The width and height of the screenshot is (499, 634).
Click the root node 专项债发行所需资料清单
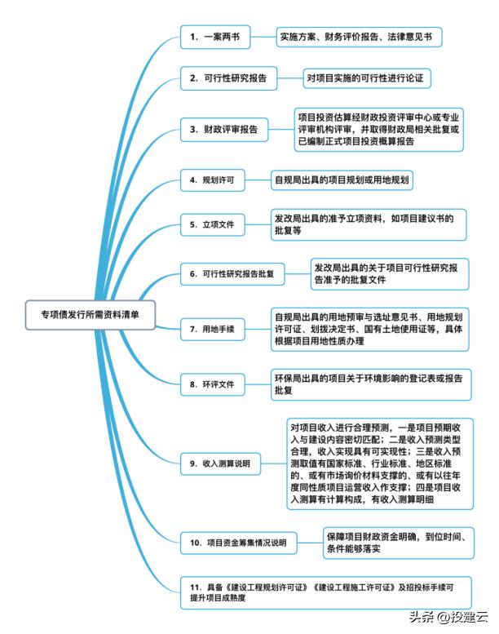[x=91, y=315]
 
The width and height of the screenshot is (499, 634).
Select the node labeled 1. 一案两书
[x=215, y=37]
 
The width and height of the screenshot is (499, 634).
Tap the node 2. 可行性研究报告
[x=228, y=78]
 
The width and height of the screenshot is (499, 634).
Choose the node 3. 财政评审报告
[x=224, y=130]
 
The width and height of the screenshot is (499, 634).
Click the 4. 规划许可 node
[x=212, y=180]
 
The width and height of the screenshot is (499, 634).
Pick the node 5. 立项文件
[x=212, y=224]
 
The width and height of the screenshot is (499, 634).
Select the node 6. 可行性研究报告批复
[x=232, y=273]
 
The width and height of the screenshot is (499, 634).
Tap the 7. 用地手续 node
[x=212, y=329]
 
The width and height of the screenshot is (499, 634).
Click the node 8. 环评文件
[x=212, y=384]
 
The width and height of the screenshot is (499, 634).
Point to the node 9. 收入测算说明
[x=220, y=463]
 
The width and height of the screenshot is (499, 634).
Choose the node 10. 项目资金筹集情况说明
[x=238, y=543]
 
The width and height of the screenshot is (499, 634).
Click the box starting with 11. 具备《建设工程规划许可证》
[x=325, y=592]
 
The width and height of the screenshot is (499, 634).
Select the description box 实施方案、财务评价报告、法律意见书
[x=359, y=37]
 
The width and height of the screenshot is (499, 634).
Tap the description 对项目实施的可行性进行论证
[x=367, y=78]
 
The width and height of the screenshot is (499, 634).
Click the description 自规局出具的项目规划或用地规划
[x=342, y=180]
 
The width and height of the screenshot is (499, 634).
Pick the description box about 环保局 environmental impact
[x=371, y=384]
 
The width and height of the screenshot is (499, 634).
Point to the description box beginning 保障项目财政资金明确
[x=399, y=543]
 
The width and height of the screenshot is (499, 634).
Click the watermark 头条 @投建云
[x=448, y=617]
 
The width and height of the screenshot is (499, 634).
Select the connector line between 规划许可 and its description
[x=258, y=180]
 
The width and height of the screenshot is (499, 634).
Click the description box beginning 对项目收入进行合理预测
[x=380, y=463]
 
